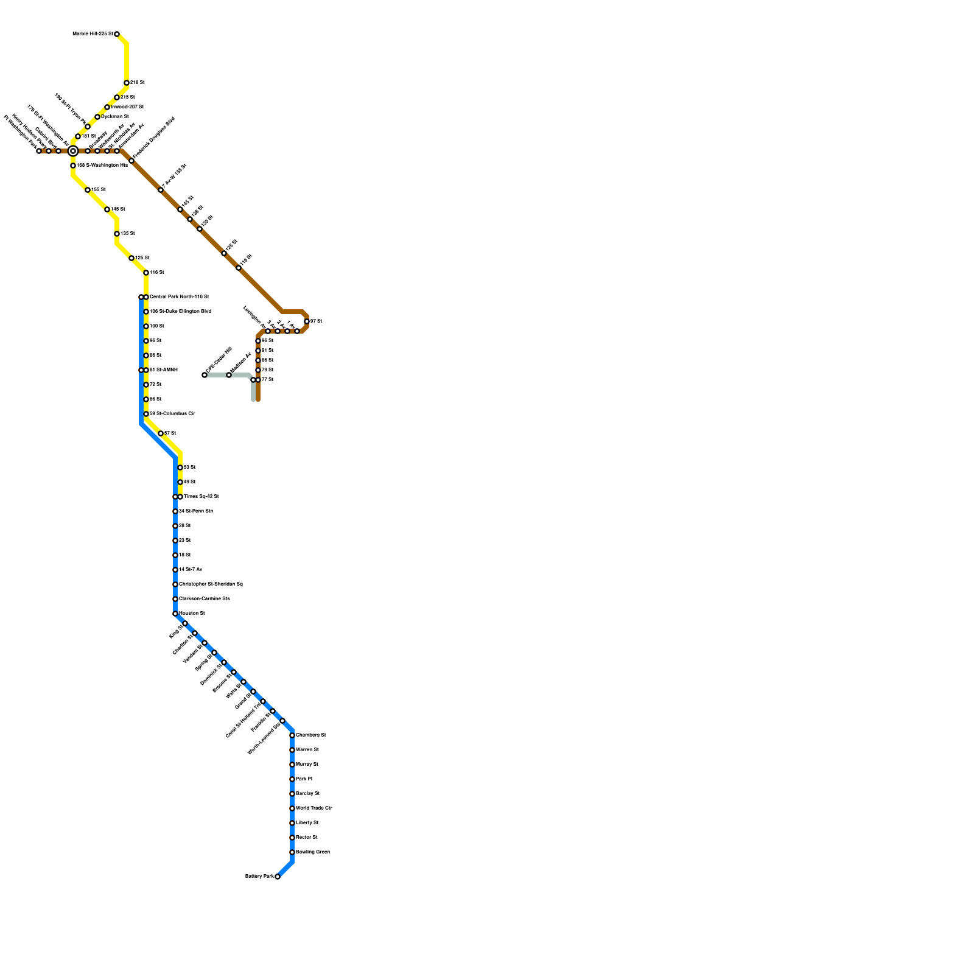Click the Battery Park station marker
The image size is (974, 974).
click(x=278, y=877)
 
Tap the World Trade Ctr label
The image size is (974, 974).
click(x=314, y=808)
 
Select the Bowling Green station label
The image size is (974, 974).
click(x=312, y=852)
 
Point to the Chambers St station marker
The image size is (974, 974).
click(x=292, y=735)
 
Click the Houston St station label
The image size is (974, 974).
click(x=192, y=614)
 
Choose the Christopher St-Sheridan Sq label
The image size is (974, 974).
click(x=211, y=584)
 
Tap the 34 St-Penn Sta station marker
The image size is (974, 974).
click(x=175, y=511)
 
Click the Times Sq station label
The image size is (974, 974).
click(x=201, y=497)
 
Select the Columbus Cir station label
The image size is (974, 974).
click(x=172, y=414)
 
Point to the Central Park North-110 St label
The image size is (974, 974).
click(x=179, y=297)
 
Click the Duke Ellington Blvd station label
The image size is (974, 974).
click(x=180, y=312)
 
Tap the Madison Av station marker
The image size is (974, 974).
click(x=229, y=375)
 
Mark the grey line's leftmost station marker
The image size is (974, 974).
click(x=205, y=375)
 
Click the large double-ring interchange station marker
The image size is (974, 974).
click(x=73, y=151)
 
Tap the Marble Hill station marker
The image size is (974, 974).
click(x=117, y=34)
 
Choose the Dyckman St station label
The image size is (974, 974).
click(x=114, y=117)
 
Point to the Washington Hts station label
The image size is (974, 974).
click(x=102, y=166)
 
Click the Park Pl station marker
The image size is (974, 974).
click(x=292, y=779)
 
